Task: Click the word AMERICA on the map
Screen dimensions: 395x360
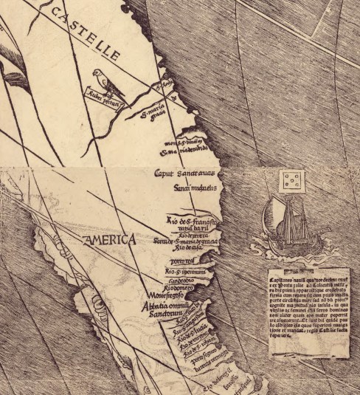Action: [x=109, y=240]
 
